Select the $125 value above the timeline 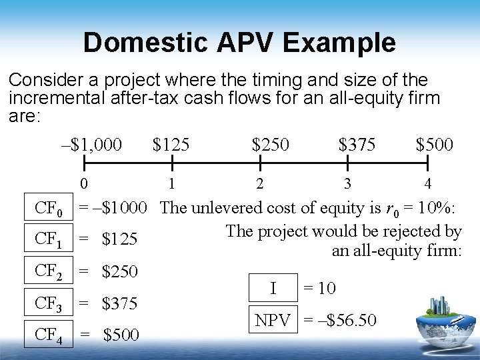click(171, 144)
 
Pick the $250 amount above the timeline click(271, 144)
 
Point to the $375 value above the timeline click(357, 144)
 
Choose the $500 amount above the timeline click(434, 144)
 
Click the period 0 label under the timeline click(82, 183)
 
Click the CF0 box click(49, 210)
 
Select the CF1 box click(49, 239)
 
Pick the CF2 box click(49, 271)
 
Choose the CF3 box click(49, 303)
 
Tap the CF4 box click(49, 334)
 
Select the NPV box click(273, 321)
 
